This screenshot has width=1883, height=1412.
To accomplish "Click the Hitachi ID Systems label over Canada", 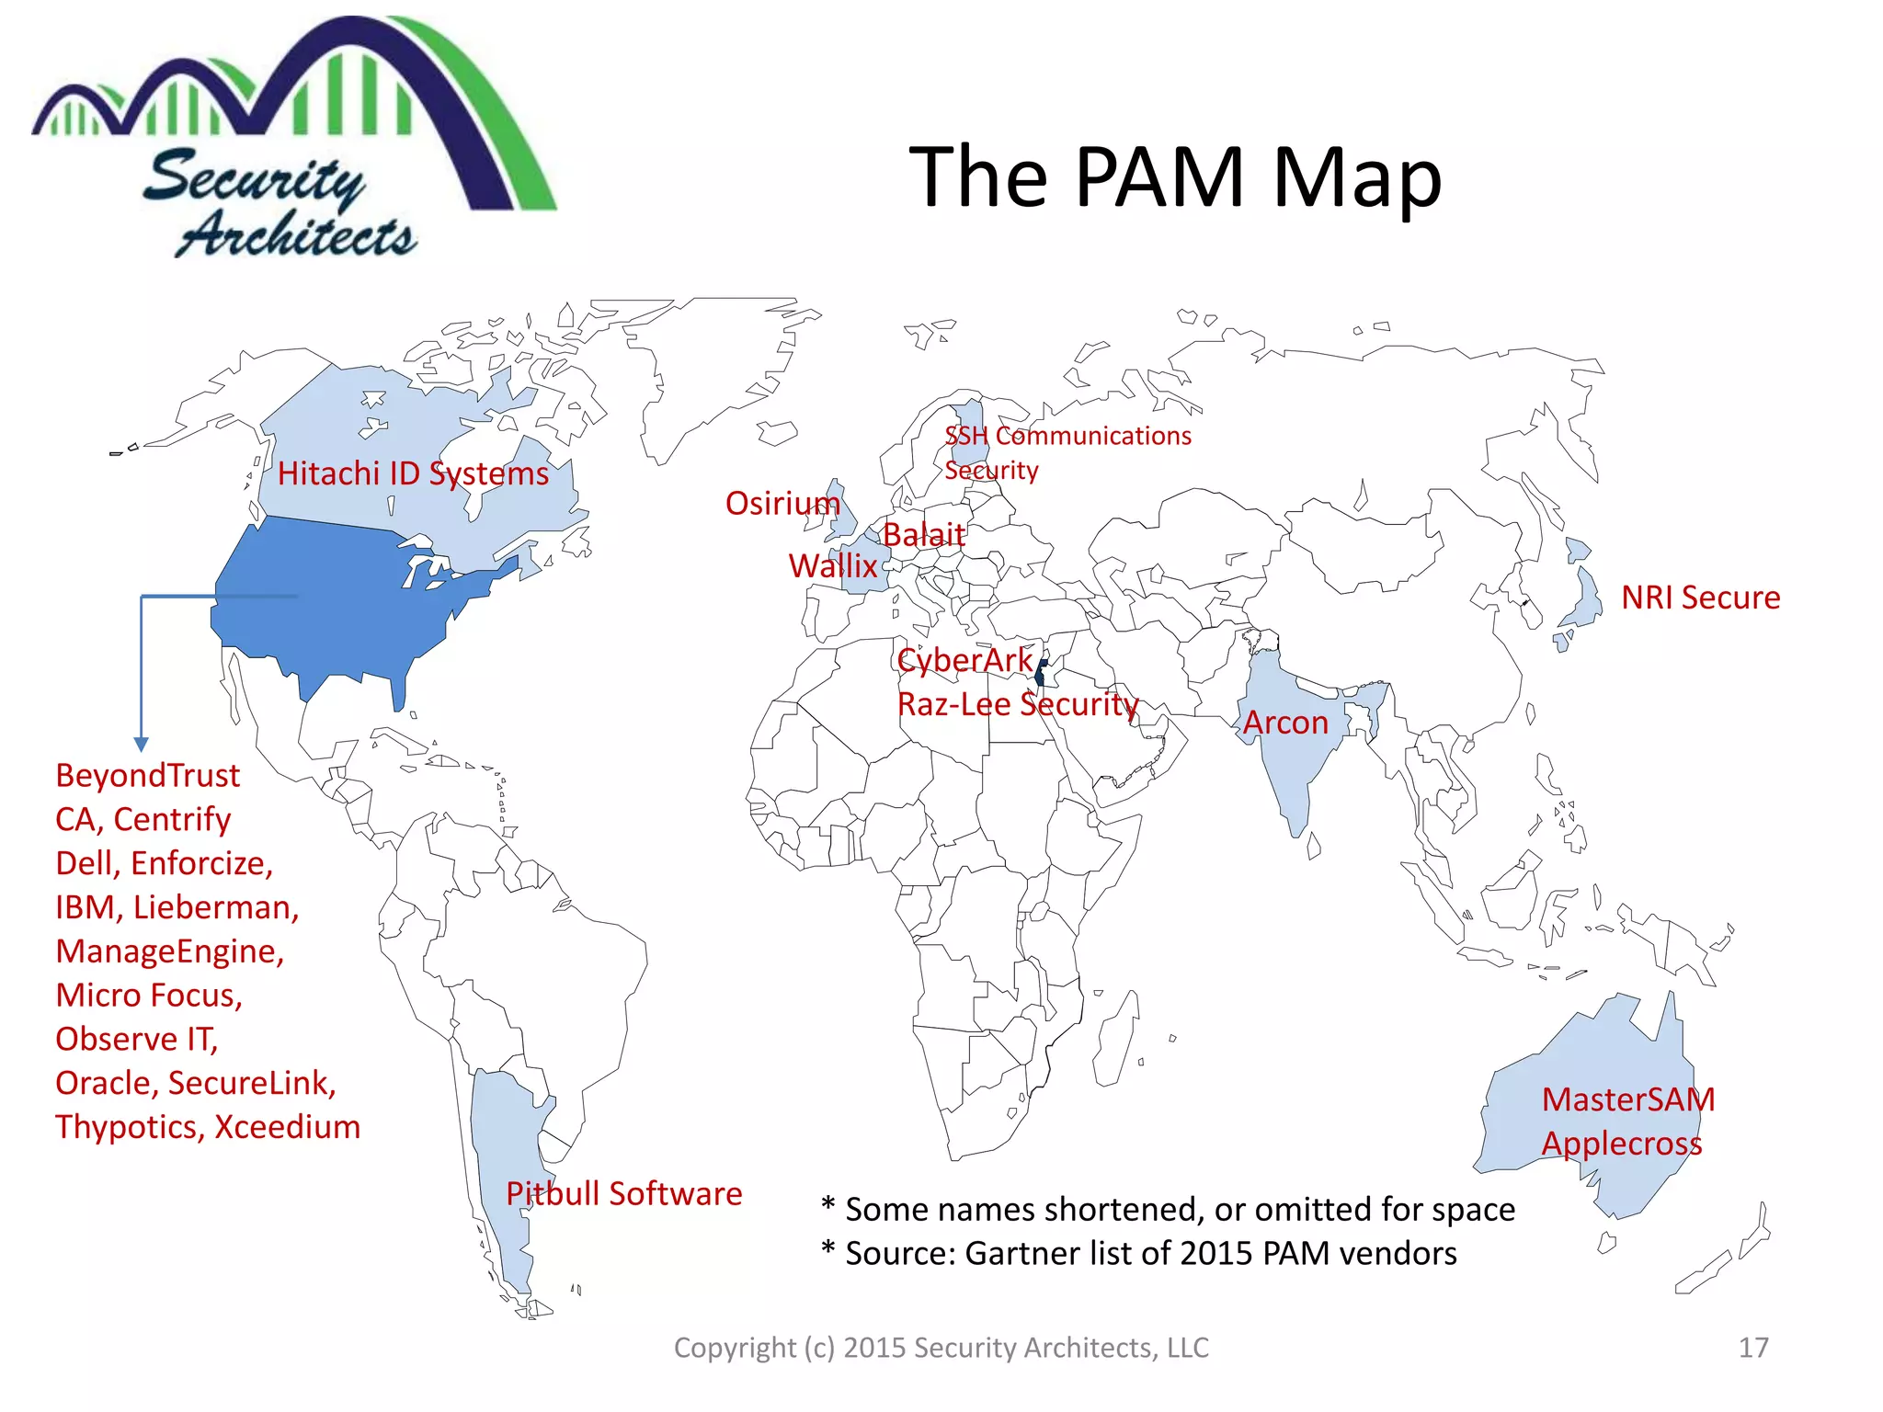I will pos(413,473).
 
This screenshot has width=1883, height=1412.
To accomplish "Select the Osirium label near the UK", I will pos(782,504).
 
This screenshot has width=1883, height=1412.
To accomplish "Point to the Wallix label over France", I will pos(833,565).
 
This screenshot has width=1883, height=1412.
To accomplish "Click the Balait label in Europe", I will pos(924,534).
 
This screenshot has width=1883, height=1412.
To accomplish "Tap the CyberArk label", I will pos(964,660).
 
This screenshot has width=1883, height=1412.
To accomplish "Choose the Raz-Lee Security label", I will pos(1018,704).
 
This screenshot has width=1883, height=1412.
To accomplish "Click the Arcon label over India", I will pos(1285,723).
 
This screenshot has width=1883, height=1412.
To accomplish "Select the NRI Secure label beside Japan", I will pos(1700,598).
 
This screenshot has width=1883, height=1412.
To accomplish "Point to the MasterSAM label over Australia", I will pos(1628,1099).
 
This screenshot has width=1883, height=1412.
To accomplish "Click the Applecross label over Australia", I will pos(1622,1144).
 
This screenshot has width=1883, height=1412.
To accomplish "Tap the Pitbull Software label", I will pos(623,1193).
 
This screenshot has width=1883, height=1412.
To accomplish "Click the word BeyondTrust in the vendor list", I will pos(148,776).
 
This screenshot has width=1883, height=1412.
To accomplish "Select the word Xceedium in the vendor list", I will pos(287,1127).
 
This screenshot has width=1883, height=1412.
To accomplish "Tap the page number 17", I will pos(1753,1348).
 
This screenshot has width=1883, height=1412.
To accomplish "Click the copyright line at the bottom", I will pos(941,1348).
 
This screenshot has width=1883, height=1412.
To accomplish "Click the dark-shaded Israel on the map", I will pos(1040,675).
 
